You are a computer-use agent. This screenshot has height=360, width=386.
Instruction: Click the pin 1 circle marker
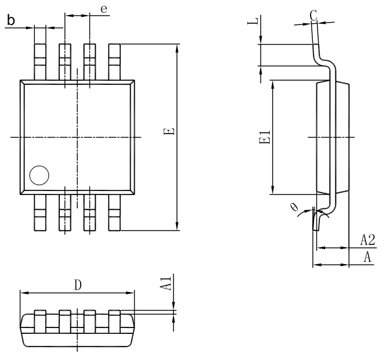click(39, 175)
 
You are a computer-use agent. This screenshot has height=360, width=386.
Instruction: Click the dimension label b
click(10, 21)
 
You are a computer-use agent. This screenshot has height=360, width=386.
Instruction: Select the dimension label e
click(103, 10)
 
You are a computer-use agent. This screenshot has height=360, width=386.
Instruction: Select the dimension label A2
click(367, 240)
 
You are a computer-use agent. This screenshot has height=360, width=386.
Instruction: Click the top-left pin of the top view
click(40, 61)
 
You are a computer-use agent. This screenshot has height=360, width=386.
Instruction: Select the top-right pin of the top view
click(114, 61)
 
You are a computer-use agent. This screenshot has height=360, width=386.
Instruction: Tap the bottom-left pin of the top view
click(40, 212)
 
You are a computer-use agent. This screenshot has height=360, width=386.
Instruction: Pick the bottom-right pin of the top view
click(114, 212)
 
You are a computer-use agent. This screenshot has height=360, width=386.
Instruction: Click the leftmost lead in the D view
click(40, 322)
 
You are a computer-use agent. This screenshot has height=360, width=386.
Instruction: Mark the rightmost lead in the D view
click(114, 322)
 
